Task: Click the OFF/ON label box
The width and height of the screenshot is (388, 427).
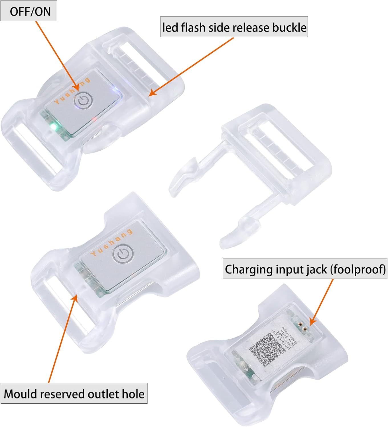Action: coord(29,11)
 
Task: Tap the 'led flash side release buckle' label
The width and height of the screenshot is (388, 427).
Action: coord(234,27)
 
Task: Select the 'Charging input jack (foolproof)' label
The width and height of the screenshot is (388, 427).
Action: coord(305,269)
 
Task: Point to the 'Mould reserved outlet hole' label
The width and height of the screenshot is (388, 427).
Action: coord(74,394)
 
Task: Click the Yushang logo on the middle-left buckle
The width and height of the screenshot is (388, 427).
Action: coord(111,243)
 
